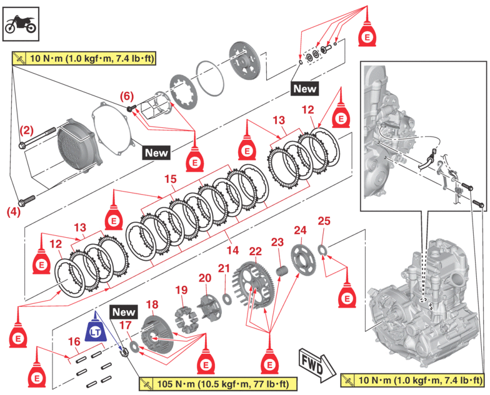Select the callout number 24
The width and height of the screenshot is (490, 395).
tap(301, 230)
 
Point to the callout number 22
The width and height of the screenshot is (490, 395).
tap(255, 251)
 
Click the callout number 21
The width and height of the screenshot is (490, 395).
tap(224, 268)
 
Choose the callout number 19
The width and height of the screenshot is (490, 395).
tap(181, 290)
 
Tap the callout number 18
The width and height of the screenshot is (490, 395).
tap(153, 304)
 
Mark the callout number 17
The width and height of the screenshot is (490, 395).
tap(126, 325)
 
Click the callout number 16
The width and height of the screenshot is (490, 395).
tap(74, 341)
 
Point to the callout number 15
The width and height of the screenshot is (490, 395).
tap(170, 178)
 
